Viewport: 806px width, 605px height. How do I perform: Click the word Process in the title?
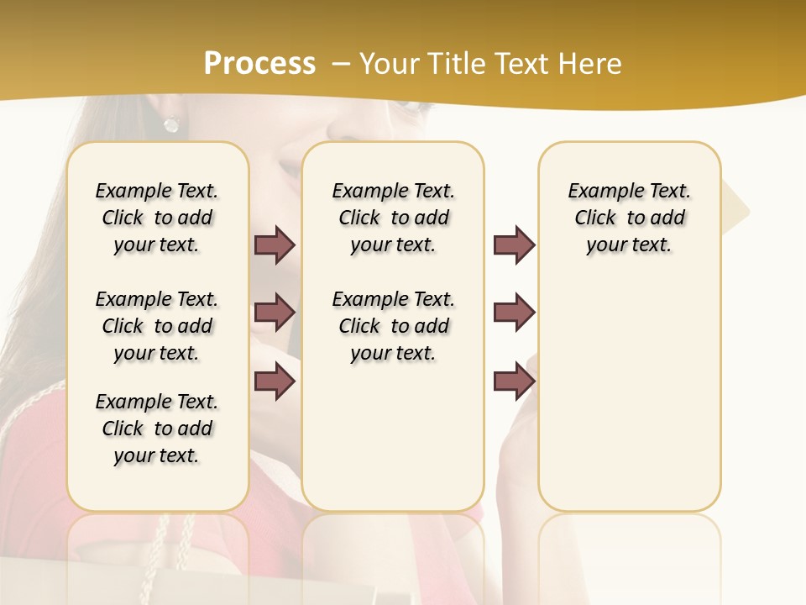pyautogui.click(x=259, y=64)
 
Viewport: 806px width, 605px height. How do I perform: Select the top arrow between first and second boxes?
pyautogui.click(x=275, y=245)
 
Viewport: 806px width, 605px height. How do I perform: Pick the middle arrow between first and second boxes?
pyautogui.click(x=275, y=313)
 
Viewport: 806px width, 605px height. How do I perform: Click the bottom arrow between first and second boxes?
pyautogui.click(x=275, y=381)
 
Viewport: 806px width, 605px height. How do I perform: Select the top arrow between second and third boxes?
pyautogui.click(x=514, y=245)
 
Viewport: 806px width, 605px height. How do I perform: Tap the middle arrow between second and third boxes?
pyautogui.click(x=514, y=313)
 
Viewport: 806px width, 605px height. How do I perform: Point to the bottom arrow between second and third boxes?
pyautogui.click(x=514, y=381)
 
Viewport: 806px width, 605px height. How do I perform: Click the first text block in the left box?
pyautogui.click(x=157, y=218)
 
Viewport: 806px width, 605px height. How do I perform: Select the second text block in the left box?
pyautogui.click(x=157, y=326)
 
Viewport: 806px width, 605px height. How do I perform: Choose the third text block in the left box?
pyautogui.click(x=157, y=429)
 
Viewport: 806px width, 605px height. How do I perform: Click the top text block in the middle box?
pyautogui.click(x=393, y=218)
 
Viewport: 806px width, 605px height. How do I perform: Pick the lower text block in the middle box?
pyautogui.click(x=393, y=326)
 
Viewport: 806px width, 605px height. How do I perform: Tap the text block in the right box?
pyautogui.click(x=629, y=218)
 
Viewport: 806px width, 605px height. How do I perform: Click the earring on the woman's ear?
pyautogui.click(x=171, y=124)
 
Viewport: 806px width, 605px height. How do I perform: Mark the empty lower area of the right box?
pyautogui.click(x=629, y=403)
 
